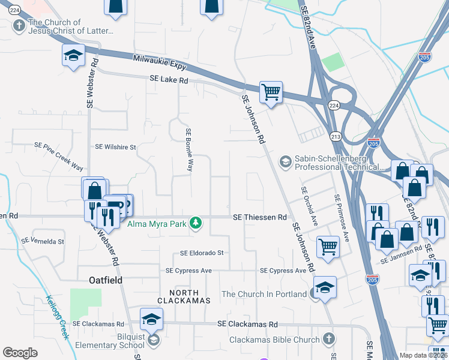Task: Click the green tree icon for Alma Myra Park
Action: (x=195, y=223)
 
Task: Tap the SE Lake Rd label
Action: (x=169, y=79)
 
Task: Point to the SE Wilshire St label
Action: (x=116, y=146)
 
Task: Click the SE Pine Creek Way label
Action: (x=59, y=157)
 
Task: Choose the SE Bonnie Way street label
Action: (x=189, y=150)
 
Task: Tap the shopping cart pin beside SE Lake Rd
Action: (x=271, y=92)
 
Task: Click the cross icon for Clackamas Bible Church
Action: (x=328, y=340)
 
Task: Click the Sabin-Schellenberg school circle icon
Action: (x=285, y=161)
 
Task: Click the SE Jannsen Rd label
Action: (x=400, y=257)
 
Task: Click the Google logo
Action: (x=20, y=352)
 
